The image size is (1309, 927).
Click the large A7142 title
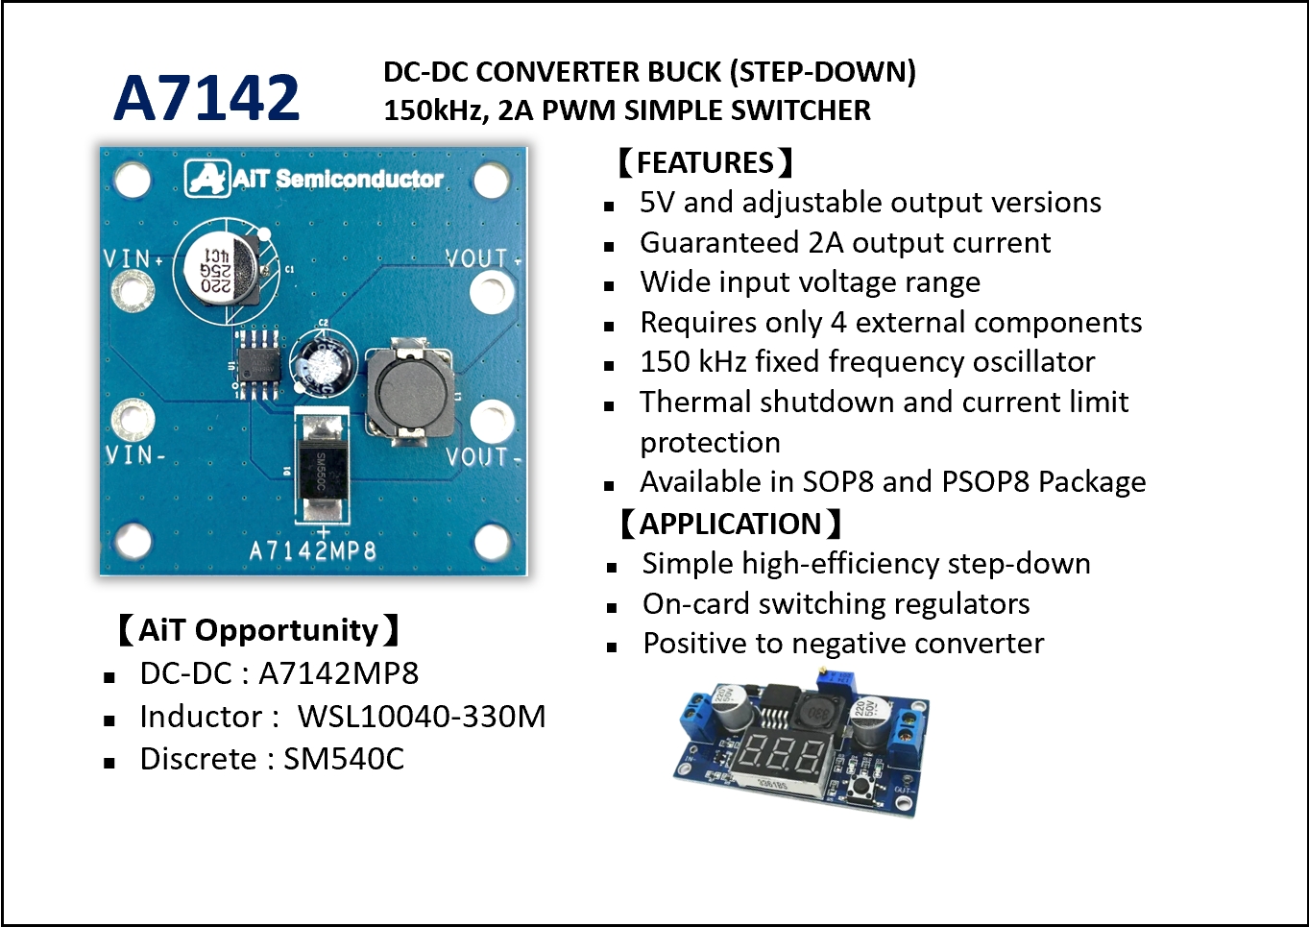206,98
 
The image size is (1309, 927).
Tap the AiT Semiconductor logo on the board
314,179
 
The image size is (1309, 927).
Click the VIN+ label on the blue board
133,258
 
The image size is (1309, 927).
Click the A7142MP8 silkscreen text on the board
312,550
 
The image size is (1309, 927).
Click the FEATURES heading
705,162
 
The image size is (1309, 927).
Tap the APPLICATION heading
730,524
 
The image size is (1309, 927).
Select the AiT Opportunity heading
257,630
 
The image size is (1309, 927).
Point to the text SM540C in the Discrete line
344,759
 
